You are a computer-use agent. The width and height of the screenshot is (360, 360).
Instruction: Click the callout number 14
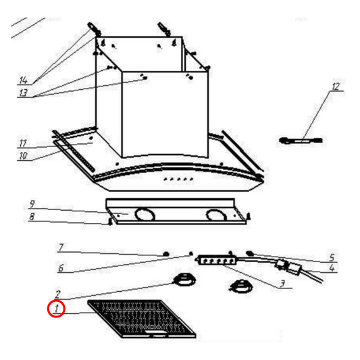click(24, 80)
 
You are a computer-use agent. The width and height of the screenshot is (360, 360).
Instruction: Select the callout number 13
click(24, 93)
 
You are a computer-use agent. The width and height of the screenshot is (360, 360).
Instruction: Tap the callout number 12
click(336, 86)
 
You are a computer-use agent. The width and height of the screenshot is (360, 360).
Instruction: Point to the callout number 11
click(23, 143)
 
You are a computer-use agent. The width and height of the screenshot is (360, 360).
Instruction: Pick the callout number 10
click(24, 156)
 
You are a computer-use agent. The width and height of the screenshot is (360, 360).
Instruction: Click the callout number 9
click(32, 204)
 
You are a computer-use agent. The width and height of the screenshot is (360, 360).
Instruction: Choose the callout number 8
click(32, 216)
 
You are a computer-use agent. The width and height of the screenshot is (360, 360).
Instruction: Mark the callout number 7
click(61, 247)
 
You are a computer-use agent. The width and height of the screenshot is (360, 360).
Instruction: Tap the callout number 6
click(61, 268)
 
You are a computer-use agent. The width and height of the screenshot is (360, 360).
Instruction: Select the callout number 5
click(332, 257)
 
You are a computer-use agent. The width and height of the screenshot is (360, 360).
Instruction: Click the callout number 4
click(332, 268)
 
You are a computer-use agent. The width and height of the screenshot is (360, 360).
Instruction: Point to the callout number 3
click(282, 284)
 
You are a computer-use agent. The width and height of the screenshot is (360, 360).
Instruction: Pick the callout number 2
click(57, 294)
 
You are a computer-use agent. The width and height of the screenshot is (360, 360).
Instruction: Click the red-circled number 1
click(57, 309)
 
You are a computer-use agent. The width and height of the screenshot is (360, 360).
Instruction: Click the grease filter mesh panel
click(142, 319)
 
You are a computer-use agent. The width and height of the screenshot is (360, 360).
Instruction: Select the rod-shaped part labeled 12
click(301, 140)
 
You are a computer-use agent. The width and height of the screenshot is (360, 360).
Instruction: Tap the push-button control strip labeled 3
click(217, 260)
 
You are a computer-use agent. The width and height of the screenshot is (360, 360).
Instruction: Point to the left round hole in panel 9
click(145, 214)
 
